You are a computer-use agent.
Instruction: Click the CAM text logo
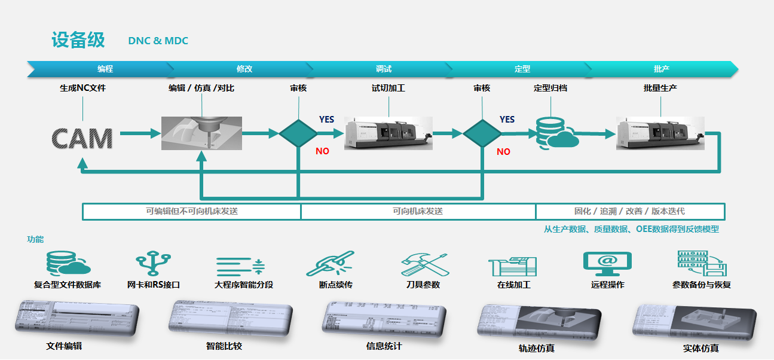pyautogui.click(x=82, y=139)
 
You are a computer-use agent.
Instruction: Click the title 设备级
pyautogui.click(x=78, y=39)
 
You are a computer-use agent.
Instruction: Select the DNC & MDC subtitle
pyautogui.click(x=158, y=41)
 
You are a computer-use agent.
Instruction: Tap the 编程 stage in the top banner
pyautogui.click(x=105, y=69)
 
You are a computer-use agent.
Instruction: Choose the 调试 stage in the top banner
pyautogui.click(x=384, y=69)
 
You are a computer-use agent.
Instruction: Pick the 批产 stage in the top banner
pyautogui.click(x=662, y=69)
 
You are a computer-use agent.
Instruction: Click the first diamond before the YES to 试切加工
pyautogui.click(x=298, y=133)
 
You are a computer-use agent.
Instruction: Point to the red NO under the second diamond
pyautogui.click(x=503, y=152)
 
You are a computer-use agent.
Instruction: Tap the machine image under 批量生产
pyautogui.click(x=660, y=133)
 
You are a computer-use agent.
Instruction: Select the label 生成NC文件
pyautogui.click(x=82, y=88)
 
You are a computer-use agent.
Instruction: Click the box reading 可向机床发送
pyautogui.click(x=418, y=211)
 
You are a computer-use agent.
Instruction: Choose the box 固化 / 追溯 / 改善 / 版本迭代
pyautogui.click(x=629, y=211)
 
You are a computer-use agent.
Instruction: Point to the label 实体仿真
pyautogui.click(x=700, y=348)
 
